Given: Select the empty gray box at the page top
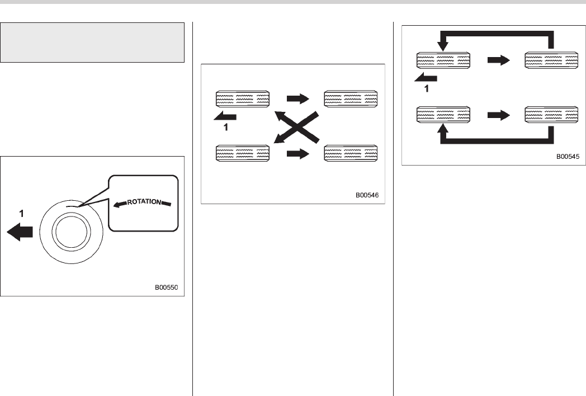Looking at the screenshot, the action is [x=93, y=43].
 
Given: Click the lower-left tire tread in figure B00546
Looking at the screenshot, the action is [x=243, y=153].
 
